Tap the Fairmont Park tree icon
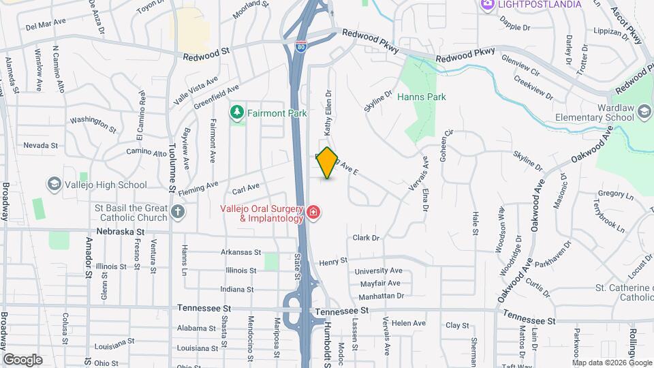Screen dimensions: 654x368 237,111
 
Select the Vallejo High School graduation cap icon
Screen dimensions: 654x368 54,184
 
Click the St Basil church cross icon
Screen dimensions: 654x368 178,211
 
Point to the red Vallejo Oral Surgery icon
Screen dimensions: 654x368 313,213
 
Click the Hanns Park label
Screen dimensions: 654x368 422,97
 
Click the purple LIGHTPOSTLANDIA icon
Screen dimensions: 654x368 487,5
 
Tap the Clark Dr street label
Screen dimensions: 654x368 365,238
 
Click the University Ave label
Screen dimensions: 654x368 378,271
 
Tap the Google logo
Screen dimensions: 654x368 22,360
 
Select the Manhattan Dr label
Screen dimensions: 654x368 381,296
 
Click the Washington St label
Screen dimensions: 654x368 93,123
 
